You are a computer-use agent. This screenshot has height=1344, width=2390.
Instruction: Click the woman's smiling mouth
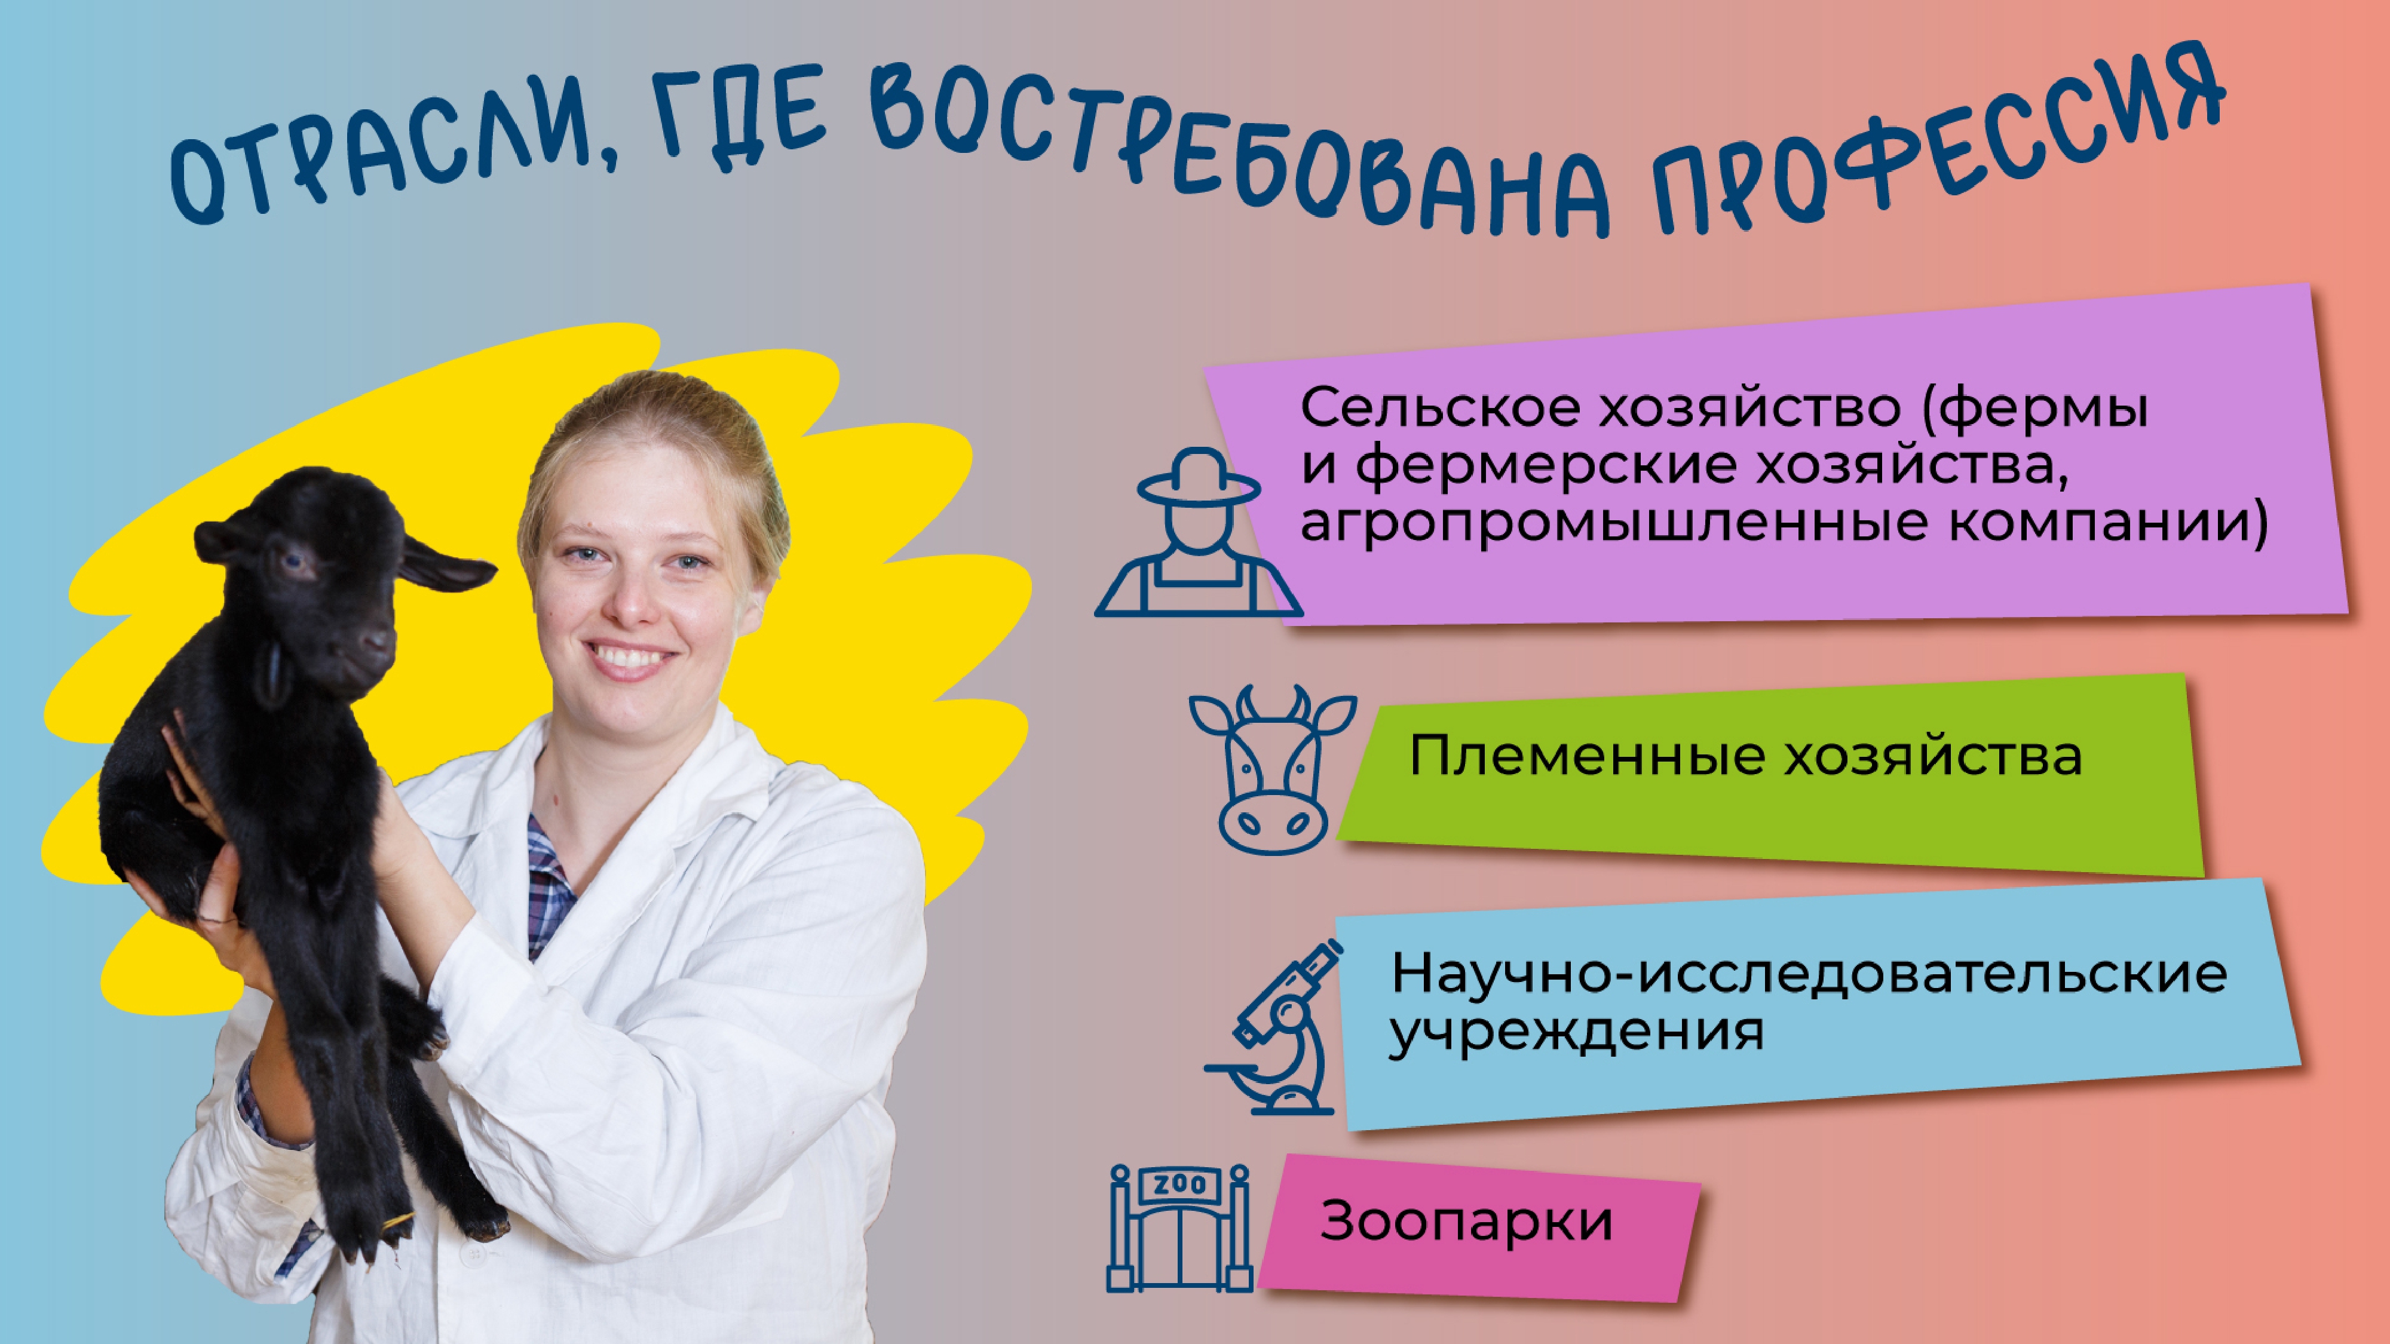click(634, 658)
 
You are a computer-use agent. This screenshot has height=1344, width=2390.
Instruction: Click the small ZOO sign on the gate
click(1179, 1185)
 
